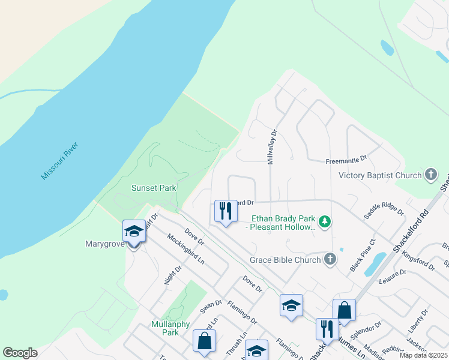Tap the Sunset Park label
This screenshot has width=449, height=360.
coord(154,188)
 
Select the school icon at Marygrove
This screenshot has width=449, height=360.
coord(133,231)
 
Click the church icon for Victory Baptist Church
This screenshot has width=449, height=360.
coord(430,175)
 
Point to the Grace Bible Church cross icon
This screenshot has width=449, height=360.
coord(329,260)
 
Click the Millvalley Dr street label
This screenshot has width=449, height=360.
coord(270,148)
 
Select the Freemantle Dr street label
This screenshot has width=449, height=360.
coord(346,161)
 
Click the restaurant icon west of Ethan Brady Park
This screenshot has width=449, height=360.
coord(226,211)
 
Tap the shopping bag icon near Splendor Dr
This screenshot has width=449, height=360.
coord(344,310)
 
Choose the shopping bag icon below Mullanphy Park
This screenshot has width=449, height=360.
coord(204,341)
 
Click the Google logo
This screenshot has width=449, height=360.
coord(20,353)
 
